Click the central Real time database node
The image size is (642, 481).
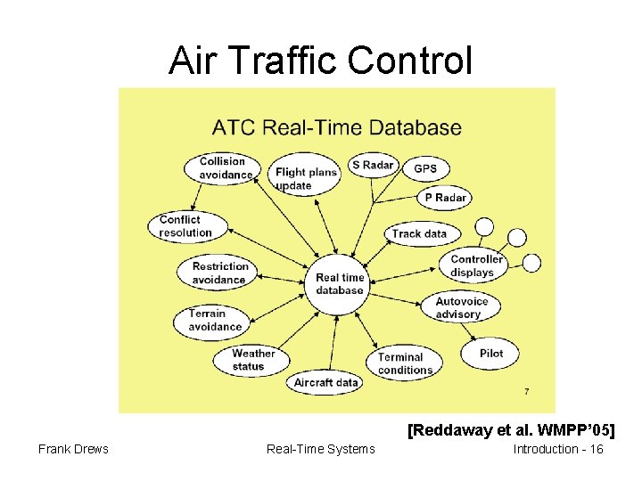pos(340,283)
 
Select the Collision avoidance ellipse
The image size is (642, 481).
pos(222,168)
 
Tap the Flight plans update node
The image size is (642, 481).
pos(307,178)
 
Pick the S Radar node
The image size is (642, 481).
pos(373,165)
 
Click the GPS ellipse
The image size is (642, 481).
pos(425,169)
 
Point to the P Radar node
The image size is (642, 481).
pos(445,198)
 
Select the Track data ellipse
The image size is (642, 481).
pos(419,233)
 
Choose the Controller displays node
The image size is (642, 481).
pos(476,265)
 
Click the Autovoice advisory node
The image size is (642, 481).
pos(461,308)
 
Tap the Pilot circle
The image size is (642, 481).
pos(490,353)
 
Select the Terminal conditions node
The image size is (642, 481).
pos(405,363)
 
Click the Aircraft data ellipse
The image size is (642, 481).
pos(326,383)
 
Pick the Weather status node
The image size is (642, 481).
pos(253,360)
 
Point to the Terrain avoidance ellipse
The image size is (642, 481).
pos(214,320)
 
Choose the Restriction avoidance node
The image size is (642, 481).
pos(219,273)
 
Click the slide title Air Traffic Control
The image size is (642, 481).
pos(320,61)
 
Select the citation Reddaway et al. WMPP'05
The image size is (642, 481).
pos(511,431)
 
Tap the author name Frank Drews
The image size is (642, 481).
pos(73,449)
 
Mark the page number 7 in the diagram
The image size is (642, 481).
pos(526,392)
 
